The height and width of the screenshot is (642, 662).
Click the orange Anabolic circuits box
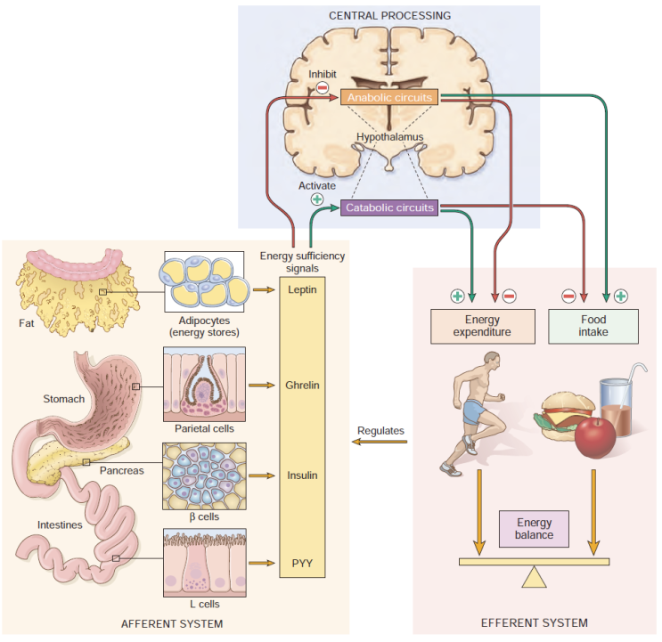pyautogui.click(x=390, y=96)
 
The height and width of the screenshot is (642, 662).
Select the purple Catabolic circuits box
pyautogui.click(x=390, y=207)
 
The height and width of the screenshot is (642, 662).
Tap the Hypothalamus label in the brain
pyautogui.click(x=389, y=137)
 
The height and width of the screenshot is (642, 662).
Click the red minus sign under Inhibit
pyautogui.click(x=323, y=87)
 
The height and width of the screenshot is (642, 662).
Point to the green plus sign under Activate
pyautogui.click(x=316, y=199)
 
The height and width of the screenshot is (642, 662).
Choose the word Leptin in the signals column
pyautogui.click(x=303, y=289)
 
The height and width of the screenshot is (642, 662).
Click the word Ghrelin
pyautogui.click(x=303, y=386)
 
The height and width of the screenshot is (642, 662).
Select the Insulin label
pyautogui.click(x=303, y=475)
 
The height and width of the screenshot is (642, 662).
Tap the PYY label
pyautogui.click(x=303, y=563)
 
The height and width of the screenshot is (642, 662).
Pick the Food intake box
pyautogui.click(x=593, y=326)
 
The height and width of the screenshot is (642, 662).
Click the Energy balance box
pyautogui.click(x=535, y=529)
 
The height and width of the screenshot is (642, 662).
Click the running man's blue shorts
pyautogui.click(x=474, y=412)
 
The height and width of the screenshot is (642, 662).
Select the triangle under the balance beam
pyautogui.click(x=534, y=577)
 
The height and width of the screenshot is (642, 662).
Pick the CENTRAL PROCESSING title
pyautogui.click(x=389, y=16)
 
